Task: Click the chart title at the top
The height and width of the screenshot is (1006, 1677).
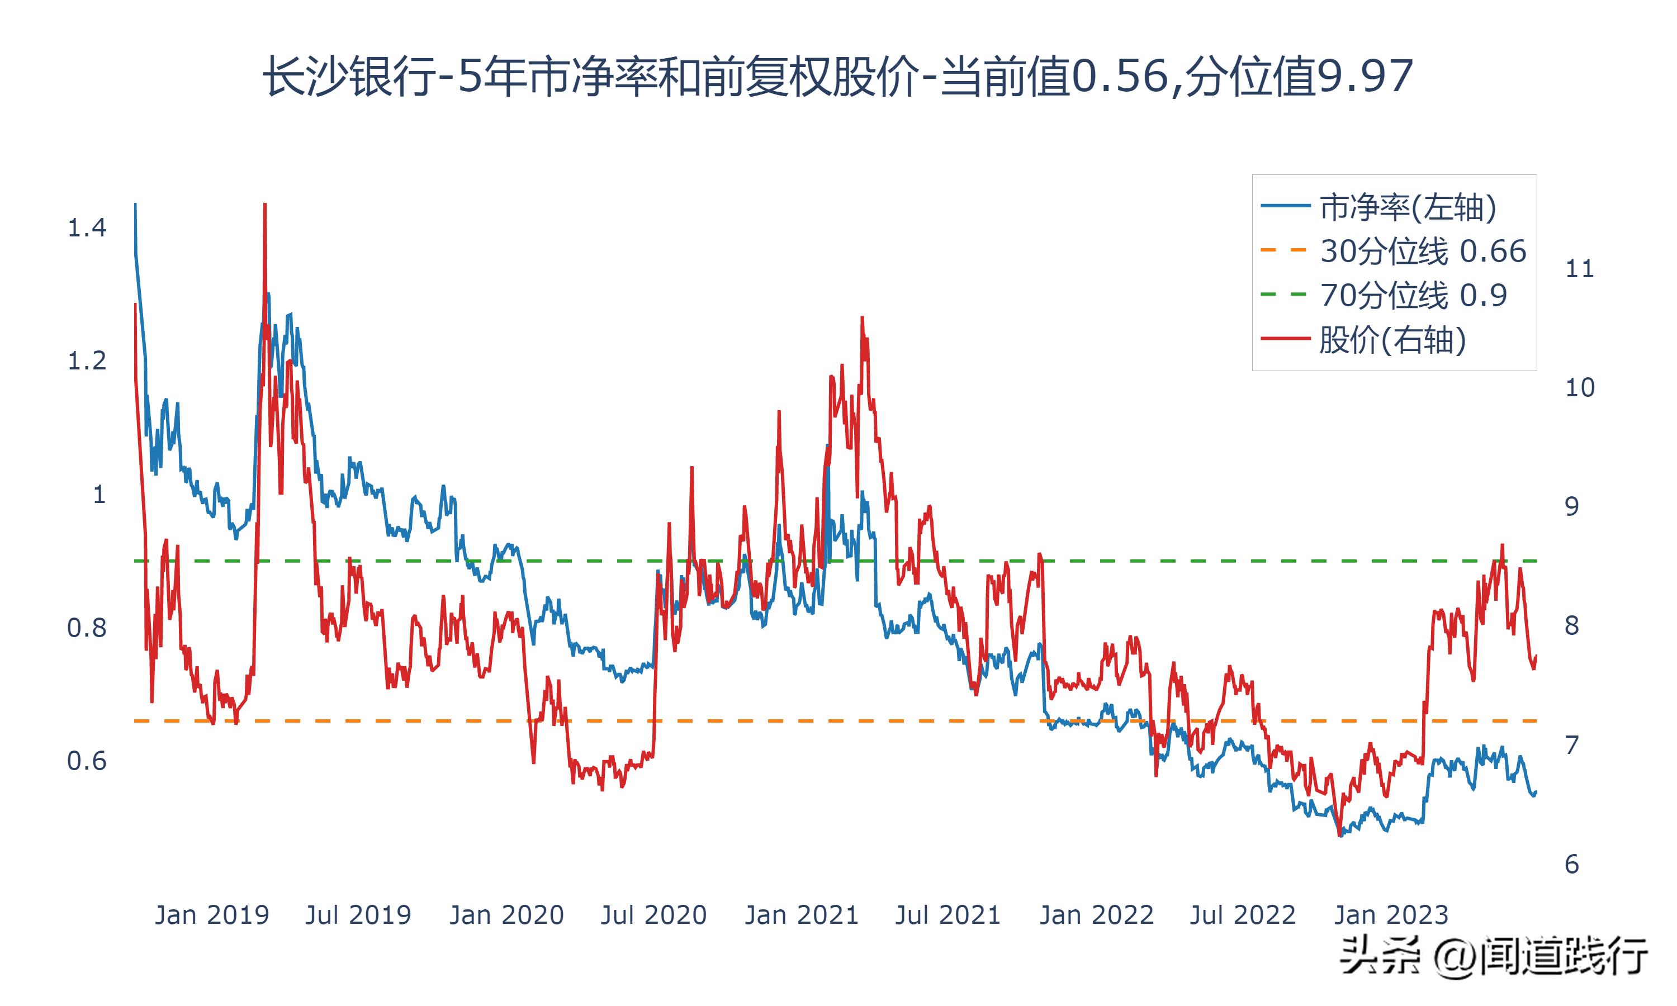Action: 838,76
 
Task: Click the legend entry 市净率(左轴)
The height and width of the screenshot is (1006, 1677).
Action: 1407,207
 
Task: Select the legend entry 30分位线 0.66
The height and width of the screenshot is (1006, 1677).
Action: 1422,251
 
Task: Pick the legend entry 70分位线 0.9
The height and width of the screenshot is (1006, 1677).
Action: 1413,295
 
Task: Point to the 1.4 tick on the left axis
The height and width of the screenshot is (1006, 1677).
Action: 87,228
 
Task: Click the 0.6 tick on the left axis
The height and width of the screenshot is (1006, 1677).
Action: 87,761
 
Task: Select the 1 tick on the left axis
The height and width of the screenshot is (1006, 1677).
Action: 99,494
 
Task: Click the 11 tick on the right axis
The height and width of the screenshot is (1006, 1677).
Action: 1579,269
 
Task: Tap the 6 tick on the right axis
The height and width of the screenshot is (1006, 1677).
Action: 1571,864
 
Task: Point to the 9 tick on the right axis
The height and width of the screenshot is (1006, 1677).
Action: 1571,506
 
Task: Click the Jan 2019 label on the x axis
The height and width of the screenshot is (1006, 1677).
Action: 211,915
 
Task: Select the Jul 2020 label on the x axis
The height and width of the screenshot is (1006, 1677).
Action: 653,915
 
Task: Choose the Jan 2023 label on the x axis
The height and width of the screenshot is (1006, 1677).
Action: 1391,915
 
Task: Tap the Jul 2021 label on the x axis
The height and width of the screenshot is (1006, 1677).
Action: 948,915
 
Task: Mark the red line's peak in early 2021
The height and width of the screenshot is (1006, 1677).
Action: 861,318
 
